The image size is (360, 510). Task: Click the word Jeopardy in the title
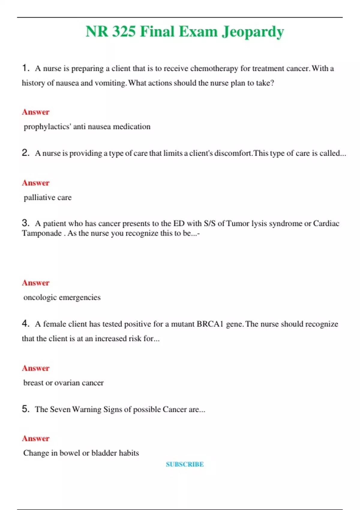(253, 32)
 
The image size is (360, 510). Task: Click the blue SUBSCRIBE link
(185, 464)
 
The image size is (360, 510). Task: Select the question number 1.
(25, 68)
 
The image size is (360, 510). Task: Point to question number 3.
(25, 223)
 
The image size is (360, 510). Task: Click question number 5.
(25, 409)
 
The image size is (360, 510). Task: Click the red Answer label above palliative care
(36, 183)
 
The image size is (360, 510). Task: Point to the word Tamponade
(42, 233)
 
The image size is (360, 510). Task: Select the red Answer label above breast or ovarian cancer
(36, 368)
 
